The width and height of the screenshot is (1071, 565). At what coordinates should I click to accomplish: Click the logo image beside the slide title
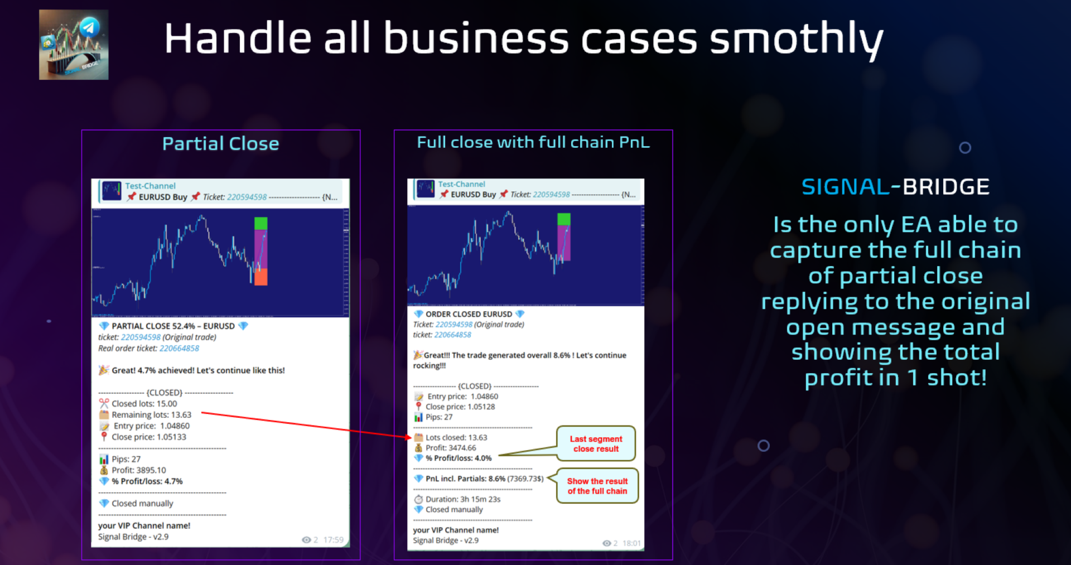tap(74, 45)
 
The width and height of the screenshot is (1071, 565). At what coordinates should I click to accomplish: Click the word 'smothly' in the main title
tap(796, 40)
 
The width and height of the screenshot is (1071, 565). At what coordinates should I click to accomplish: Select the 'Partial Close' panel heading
tap(221, 144)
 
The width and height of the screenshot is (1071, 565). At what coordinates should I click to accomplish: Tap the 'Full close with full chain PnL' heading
tap(533, 142)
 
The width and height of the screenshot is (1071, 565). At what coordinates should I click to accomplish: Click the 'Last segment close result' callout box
tap(596, 444)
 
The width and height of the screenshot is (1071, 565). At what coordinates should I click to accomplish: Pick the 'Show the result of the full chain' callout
tap(597, 486)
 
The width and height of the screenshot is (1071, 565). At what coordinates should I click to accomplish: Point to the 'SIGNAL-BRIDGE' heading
tap(895, 187)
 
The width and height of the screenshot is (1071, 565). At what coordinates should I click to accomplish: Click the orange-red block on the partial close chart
tap(260, 277)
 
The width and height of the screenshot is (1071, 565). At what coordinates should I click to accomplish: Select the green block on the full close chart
tap(564, 219)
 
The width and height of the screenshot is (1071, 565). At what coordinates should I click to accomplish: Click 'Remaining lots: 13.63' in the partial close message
tap(151, 415)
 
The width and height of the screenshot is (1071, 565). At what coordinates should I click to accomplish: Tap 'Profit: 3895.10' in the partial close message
tap(138, 470)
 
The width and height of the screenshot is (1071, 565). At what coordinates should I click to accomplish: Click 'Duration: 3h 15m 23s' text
tap(463, 499)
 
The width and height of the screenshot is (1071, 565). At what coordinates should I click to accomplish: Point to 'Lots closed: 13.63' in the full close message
tap(456, 437)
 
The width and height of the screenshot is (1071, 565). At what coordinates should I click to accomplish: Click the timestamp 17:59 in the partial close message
tap(334, 540)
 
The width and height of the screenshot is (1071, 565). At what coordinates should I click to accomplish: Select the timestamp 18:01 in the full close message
tap(631, 543)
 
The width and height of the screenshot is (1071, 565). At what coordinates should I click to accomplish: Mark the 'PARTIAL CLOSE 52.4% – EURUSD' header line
tap(173, 326)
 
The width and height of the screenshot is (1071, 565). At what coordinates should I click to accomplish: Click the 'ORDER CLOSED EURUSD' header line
tap(469, 314)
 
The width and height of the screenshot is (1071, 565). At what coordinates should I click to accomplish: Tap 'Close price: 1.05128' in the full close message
tap(460, 407)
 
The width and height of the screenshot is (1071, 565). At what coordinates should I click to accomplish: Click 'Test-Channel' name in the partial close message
tap(150, 186)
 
